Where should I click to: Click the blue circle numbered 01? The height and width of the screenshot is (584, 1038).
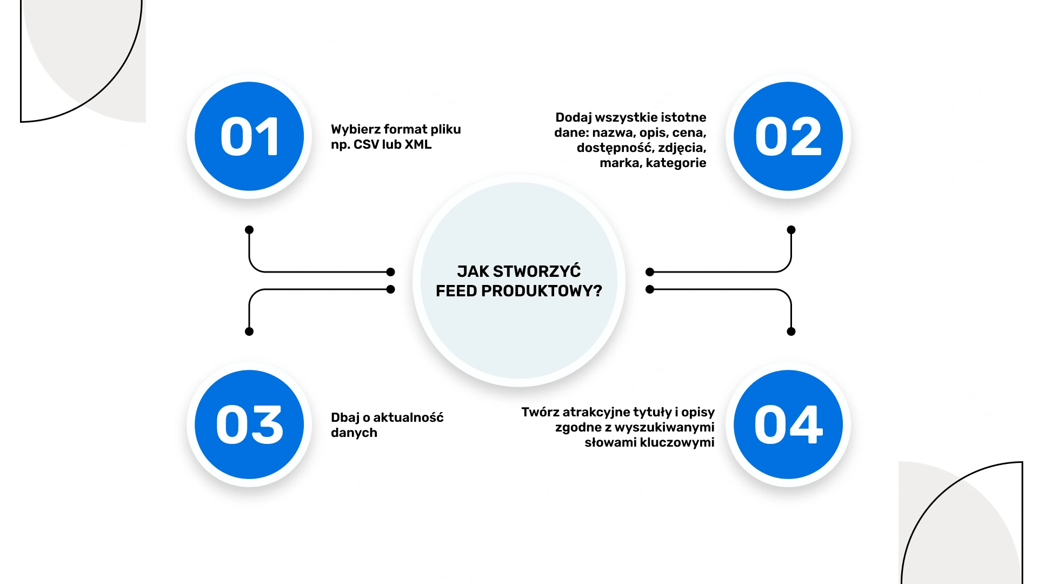(249, 136)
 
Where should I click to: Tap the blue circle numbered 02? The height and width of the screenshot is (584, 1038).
(788, 136)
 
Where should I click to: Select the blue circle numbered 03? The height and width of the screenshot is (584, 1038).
(249, 424)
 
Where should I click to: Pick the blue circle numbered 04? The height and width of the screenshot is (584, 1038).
(788, 424)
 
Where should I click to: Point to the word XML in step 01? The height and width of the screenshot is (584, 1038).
(418, 145)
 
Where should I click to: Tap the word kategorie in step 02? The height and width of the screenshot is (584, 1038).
(676, 163)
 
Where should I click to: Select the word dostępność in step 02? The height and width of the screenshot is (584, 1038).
(614, 148)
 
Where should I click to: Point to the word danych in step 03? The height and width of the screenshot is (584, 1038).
(354, 433)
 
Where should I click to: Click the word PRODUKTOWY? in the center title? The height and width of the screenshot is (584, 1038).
(541, 291)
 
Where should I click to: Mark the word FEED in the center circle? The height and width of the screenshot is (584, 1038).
(456, 291)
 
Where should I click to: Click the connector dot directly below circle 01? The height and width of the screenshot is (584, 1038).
(249, 230)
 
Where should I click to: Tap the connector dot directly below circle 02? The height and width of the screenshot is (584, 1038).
(791, 230)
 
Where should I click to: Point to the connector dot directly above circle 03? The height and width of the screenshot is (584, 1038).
(249, 331)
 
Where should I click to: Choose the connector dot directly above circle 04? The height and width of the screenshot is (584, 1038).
(791, 331)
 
